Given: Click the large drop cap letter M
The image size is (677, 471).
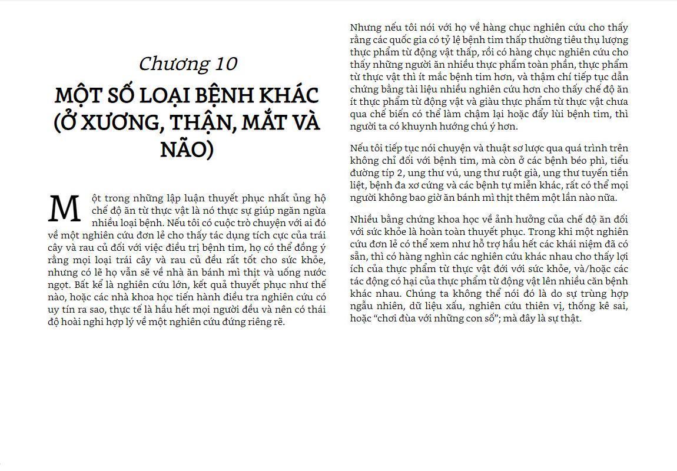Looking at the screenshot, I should click(64, 209).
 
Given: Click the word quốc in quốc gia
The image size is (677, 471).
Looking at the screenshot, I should click(405, 40).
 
